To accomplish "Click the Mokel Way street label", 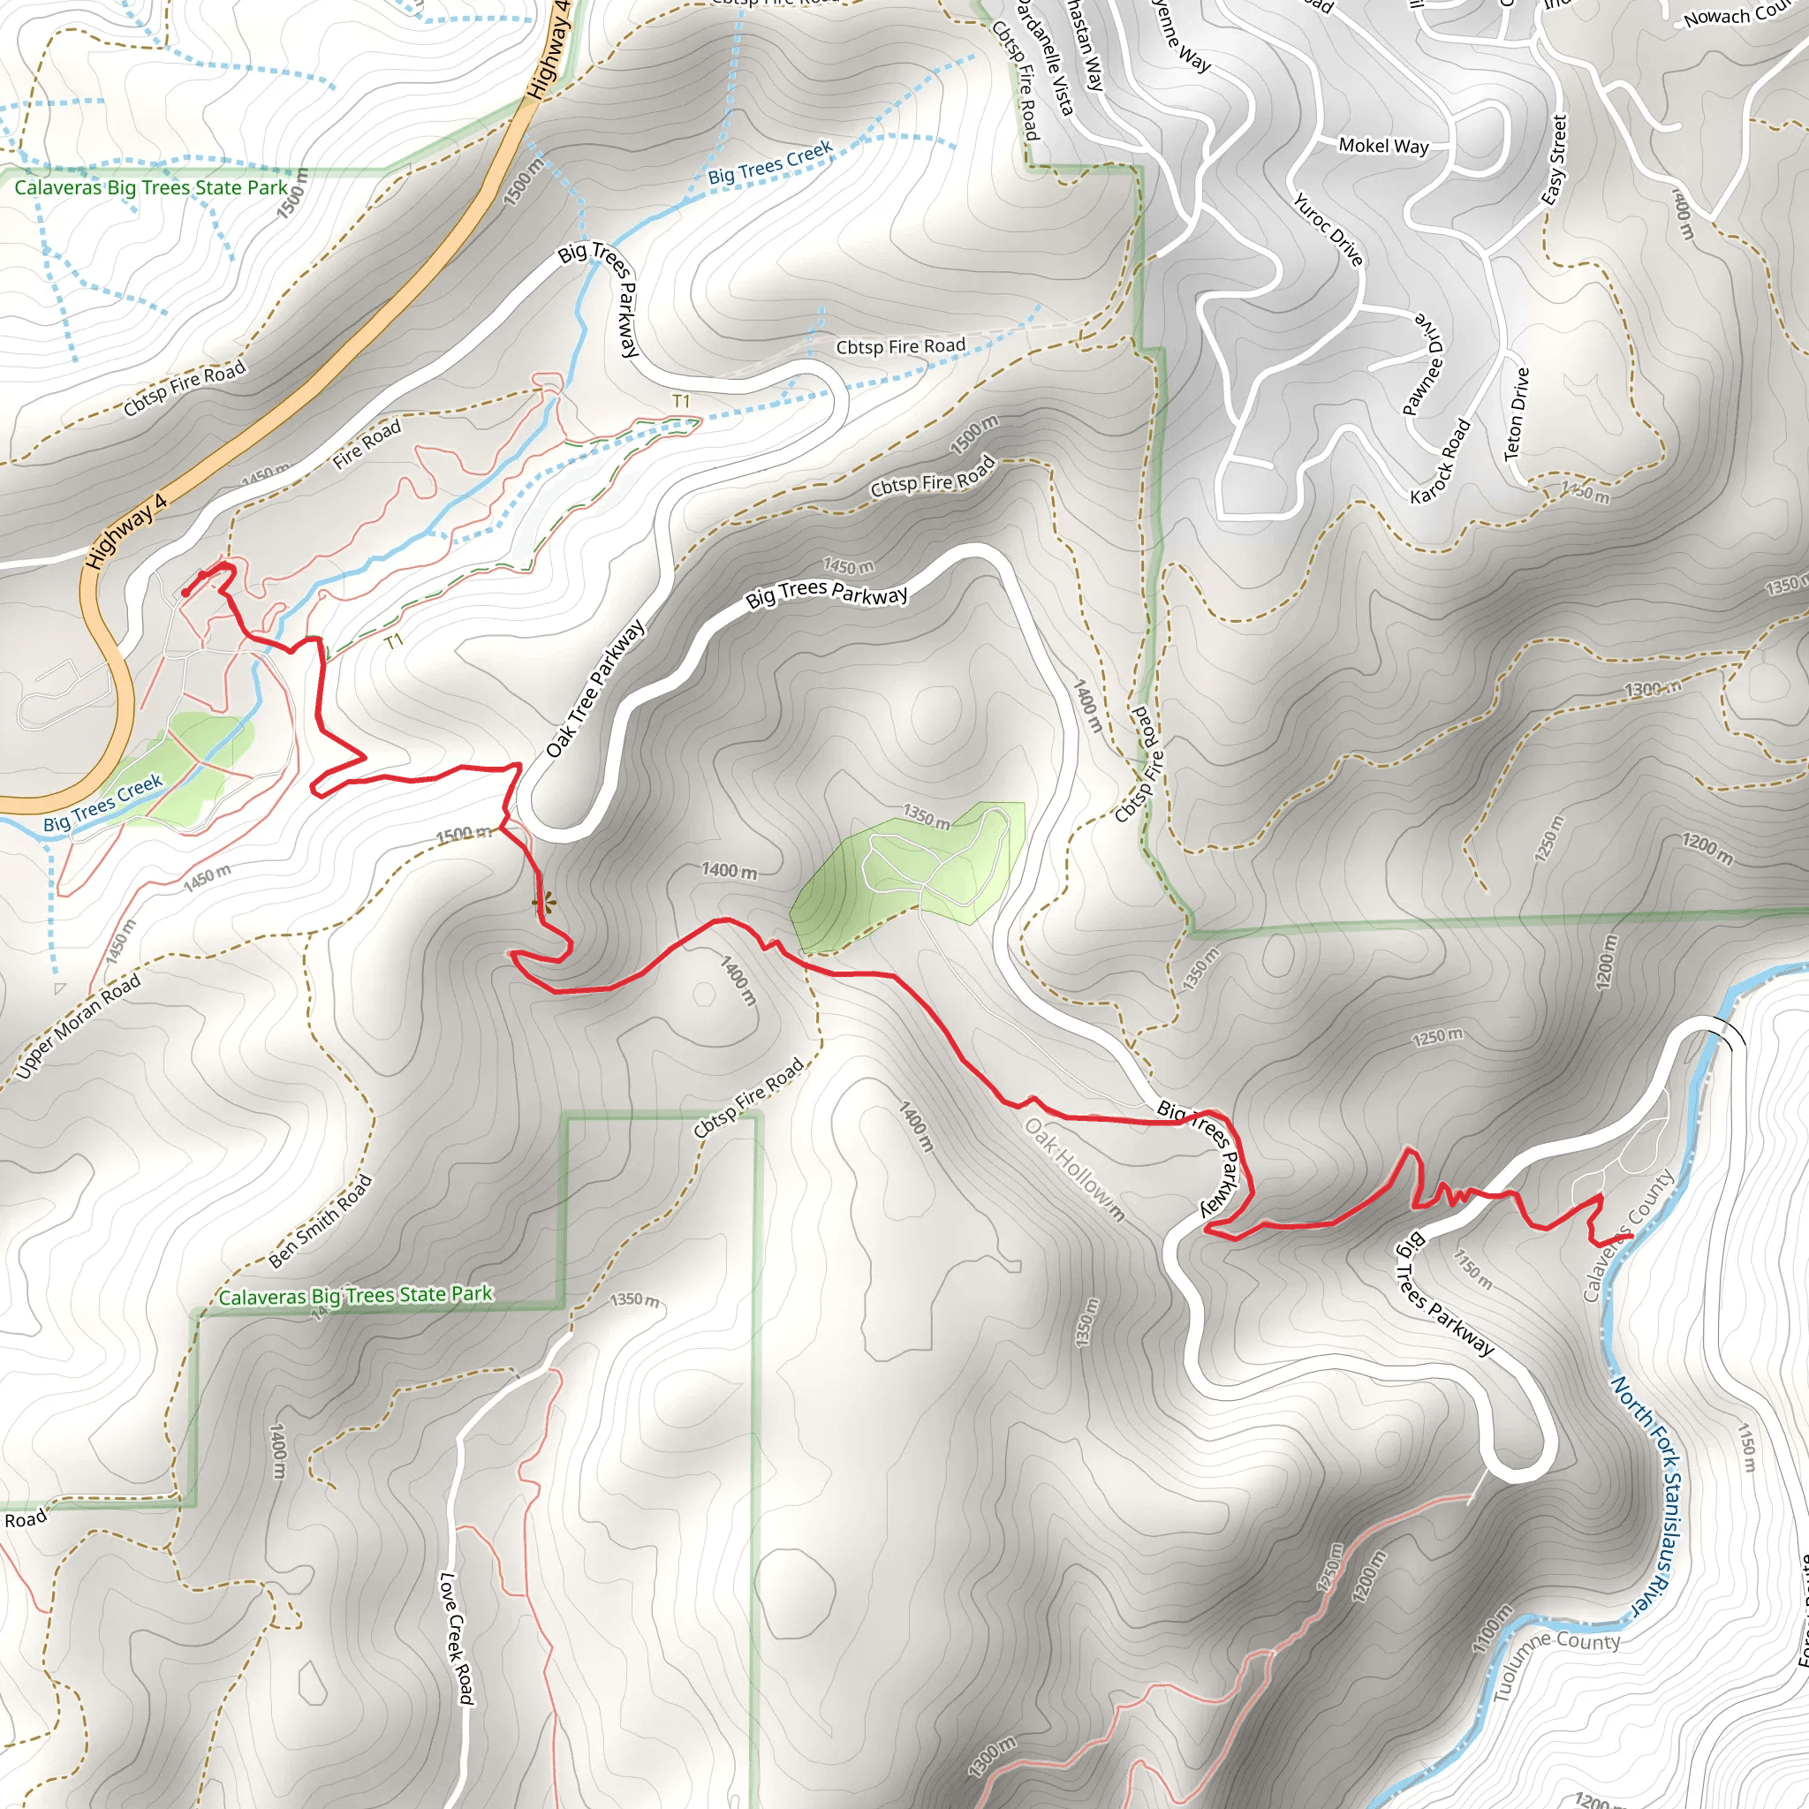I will click(1383, 145).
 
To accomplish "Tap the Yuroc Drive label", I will click(1328, 230).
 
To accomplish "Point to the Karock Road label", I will click(1440, 462).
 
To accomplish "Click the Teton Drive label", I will click(1516, 414).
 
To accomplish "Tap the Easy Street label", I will click(1554, 160).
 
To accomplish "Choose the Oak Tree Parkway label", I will click(594, 688).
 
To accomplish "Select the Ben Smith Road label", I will click(321, 1221).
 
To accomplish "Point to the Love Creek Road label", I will click(456, 1638).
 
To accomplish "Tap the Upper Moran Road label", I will click(79, 1026).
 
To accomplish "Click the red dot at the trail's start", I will click(186, 593).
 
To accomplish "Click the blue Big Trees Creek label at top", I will click(769, 163).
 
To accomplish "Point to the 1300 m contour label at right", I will click(1653, 690).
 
